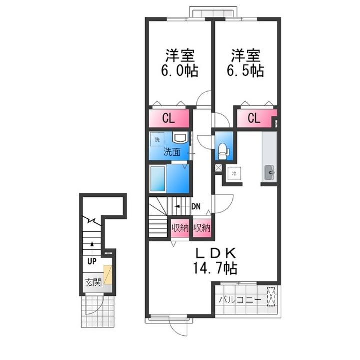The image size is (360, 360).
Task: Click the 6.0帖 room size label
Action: pos(178,70)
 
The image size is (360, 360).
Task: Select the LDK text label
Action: pos(215,253)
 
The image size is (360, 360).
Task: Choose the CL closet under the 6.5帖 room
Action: pos(254,119)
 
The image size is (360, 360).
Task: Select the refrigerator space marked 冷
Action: pos(234,173)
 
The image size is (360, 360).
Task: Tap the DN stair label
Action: pos(196,206)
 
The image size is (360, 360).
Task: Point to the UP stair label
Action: pos(92,260)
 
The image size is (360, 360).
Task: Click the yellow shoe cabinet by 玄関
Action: pos(107,276)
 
